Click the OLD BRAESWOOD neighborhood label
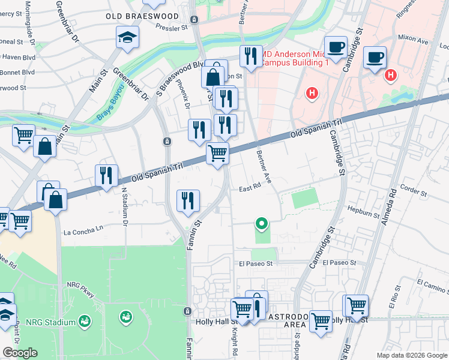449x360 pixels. tap(142, 16)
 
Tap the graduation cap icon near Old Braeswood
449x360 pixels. tap(127, 38)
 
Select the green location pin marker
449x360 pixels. tap(261, 224)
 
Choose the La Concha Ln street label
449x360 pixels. tap(83, 228)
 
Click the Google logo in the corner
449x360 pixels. tap(20, 353)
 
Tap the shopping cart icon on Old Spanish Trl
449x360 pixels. tap(217, 154)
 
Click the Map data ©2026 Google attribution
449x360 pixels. tap(412, 355)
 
